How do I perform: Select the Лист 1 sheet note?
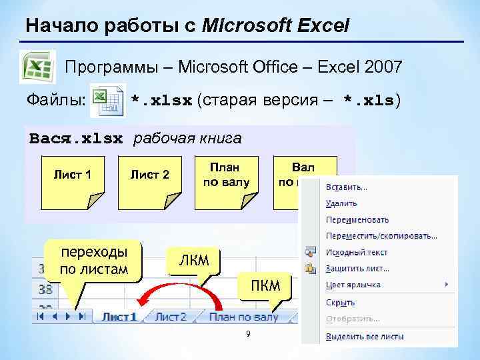coord(72,176)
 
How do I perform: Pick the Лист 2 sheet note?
coord(149,176)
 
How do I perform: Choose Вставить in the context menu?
coord(347,187)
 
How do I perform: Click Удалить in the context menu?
coord(342,203)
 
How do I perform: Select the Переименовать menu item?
coord(357,219)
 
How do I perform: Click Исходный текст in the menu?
coord(355,252)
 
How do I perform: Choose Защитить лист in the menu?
coord(357,269)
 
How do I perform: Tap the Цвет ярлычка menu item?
coord(353,285)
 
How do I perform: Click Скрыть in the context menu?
coord(340,301)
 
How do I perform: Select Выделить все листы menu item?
coord(365,337)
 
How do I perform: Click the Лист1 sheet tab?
coord(119,317)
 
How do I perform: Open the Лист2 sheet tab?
coord(171,317)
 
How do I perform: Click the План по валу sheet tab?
coord(243,317)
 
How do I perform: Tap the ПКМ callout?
coord(265,286)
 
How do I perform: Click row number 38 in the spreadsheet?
coord(46,290)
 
